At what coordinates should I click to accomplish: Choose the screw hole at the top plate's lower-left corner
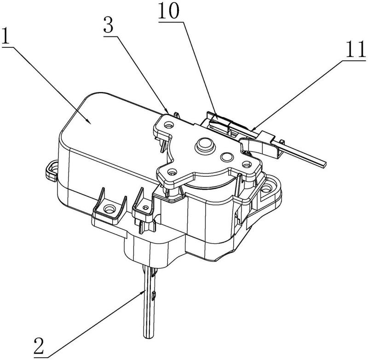point(172,173)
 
